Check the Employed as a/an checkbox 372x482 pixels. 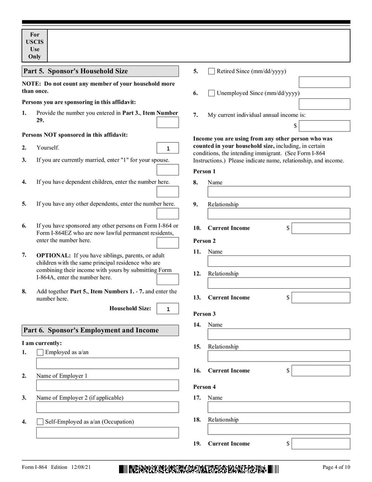point(40,353)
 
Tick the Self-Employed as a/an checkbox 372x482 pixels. point(40,422)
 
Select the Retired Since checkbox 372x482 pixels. point(212,71)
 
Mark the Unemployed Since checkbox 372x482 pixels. point(212,93)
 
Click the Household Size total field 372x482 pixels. point(167,309)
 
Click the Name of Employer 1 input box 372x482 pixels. point(107,385)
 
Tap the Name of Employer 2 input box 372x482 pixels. point(107,407)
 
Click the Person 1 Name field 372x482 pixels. point(279,192)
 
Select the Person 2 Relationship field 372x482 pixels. point(279,283)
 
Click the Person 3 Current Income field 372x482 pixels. point(321,371)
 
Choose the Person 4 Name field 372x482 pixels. point(279,407)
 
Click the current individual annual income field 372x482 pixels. point(325,126)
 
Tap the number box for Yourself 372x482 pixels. point(167,148)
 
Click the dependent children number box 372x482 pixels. point(167,192)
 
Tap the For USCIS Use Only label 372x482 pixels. point(35,46)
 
